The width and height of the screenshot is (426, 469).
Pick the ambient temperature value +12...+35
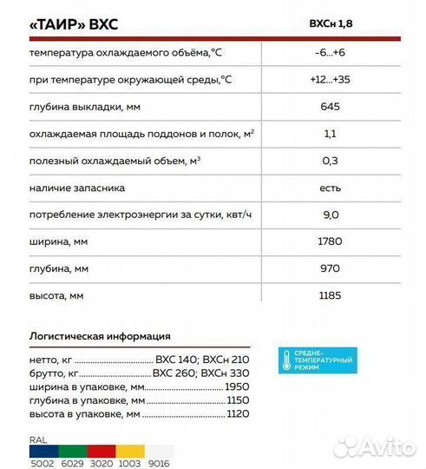[x=330, y=80]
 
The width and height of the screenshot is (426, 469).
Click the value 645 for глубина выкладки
[x=330, y=107]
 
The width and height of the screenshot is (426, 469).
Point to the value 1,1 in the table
[x=330, y=134]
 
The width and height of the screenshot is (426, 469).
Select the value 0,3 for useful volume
[x=330, y=161]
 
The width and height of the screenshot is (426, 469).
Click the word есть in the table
[x=330, y=188]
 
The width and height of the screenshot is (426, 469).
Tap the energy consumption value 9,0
[x=330, y=215]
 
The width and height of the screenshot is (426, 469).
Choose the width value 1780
[x=330, y=241]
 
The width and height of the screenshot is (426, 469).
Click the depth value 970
[x=330, y=268]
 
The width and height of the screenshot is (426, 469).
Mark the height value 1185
[x=330, y=296]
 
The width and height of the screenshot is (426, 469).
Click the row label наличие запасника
[x=77, y=188]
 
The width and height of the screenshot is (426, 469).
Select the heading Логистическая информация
[x=100, y=336]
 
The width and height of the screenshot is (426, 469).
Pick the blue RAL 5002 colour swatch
[x=41, y=452]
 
